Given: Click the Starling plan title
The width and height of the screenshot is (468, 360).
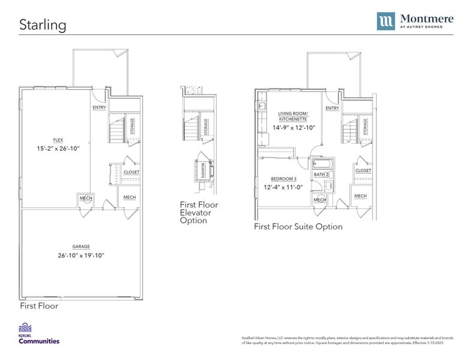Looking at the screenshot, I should pyautogui.click(x=43, y=25).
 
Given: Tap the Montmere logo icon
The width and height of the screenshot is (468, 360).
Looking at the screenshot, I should pyautogui.click(x=386, y=21).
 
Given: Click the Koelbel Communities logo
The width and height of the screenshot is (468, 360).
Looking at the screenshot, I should pyautogui.click(x=39, y=334).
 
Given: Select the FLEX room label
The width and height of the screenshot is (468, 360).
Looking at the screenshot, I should pyautogui.click(x=58, y=139).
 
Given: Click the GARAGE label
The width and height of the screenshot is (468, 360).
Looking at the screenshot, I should pyautogui.click(x=81, y=246).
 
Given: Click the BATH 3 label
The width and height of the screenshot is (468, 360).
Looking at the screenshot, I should pyautogui.click(x=321, y=175).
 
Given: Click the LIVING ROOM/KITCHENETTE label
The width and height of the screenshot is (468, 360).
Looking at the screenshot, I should pyautogui.click(x=293, y=116).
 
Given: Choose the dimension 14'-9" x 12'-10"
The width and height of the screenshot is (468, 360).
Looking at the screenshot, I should pyautogui.click(x=293, y=127).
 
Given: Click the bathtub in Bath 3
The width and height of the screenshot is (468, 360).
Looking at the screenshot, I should pyautogui.click(x=321, y=164).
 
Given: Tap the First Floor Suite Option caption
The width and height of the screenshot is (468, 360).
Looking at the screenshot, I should pyautogui.click(x=298, y=227).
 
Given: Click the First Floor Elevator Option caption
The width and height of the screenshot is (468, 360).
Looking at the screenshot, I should pyautogui.click(x=199, y=212).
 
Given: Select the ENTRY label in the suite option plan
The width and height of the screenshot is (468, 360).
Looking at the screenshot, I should pyautogui.click(x=332, y=108).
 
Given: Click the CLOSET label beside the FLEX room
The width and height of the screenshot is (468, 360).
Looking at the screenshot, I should pyautogui.click(x=131, y=172).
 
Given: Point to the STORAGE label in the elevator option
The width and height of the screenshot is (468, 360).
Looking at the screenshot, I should pyautogui.click(x=206, y=127).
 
